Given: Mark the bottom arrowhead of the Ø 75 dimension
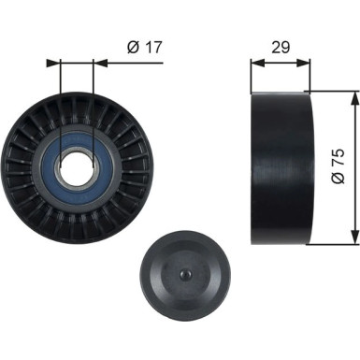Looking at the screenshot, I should point(353,239).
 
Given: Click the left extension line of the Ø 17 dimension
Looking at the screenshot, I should point(59,103).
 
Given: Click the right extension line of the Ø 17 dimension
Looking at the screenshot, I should point(94,103).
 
